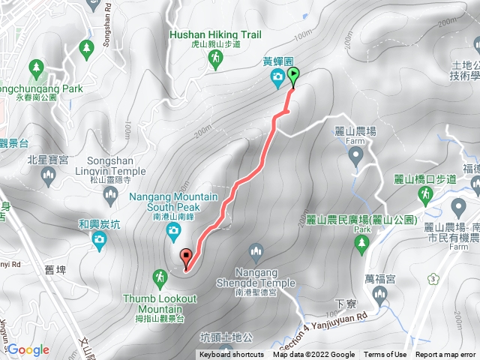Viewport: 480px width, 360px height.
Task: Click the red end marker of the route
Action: coord(186,259)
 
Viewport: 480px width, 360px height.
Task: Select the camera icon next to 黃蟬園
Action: coord(277,76)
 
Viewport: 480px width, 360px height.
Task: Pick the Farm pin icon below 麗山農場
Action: coord(355,156)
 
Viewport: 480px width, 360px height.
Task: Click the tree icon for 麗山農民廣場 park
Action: coord(361,242)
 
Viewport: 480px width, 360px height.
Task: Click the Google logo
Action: coord(28,349)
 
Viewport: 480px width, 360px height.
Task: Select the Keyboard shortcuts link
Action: coord(231,355)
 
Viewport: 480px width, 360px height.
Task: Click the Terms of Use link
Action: coord(385,355)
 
